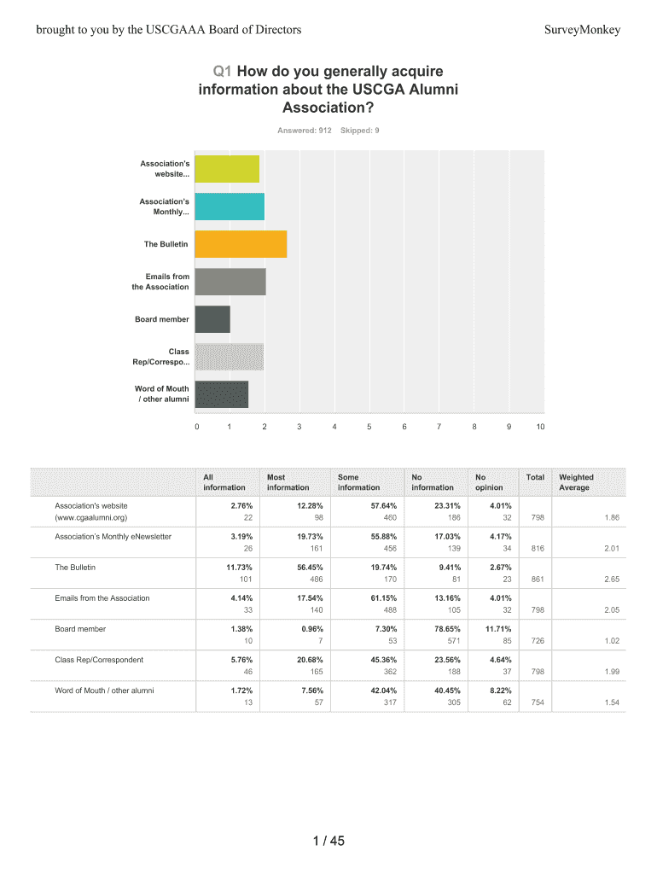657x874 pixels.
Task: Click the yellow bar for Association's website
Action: point(227,169)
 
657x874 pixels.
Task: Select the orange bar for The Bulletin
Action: point(241,244)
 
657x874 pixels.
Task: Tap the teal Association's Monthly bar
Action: point(230,207)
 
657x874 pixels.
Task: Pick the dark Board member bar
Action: point(212,319)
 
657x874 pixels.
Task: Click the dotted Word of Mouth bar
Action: point(221,394)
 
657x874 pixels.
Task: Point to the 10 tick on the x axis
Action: point(540,427)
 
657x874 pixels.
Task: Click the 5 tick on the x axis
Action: point(369,427)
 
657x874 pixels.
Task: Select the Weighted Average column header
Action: point(576,482)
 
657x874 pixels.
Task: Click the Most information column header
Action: point(288,482)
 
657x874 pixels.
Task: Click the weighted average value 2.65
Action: point(611,580)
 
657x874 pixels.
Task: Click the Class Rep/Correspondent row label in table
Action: point(99,660)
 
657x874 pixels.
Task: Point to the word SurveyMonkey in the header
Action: point(582,30)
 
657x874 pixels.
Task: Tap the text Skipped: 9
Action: point(359,131)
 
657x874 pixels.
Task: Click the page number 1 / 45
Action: point(328,842)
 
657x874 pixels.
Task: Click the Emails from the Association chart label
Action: point(155,282)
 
